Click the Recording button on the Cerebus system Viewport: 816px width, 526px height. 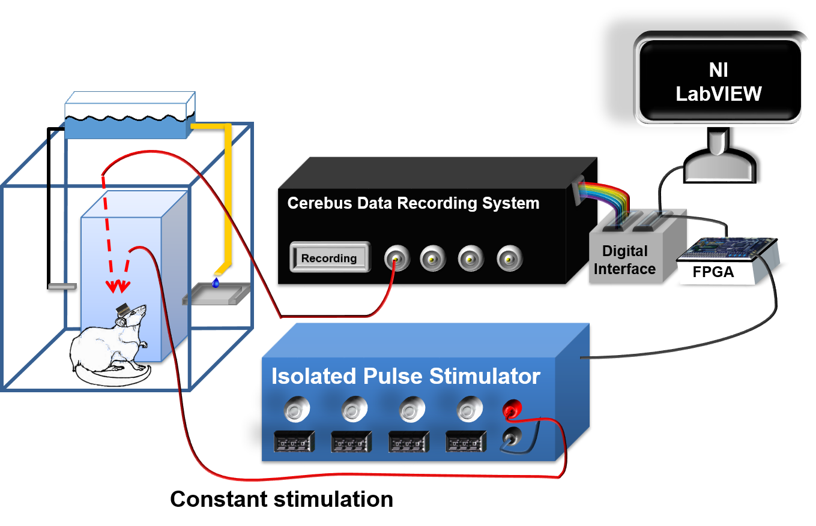point(328,258)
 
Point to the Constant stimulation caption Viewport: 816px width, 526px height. point(282,499)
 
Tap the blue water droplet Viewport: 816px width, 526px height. point(216,282)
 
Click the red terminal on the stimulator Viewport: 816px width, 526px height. point(510,410)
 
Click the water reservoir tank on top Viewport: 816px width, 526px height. point(129,117)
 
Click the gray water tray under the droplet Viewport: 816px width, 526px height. point(216,294)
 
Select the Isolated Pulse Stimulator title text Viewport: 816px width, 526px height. point(406,376)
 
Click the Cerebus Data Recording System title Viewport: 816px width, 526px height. point(413,203)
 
